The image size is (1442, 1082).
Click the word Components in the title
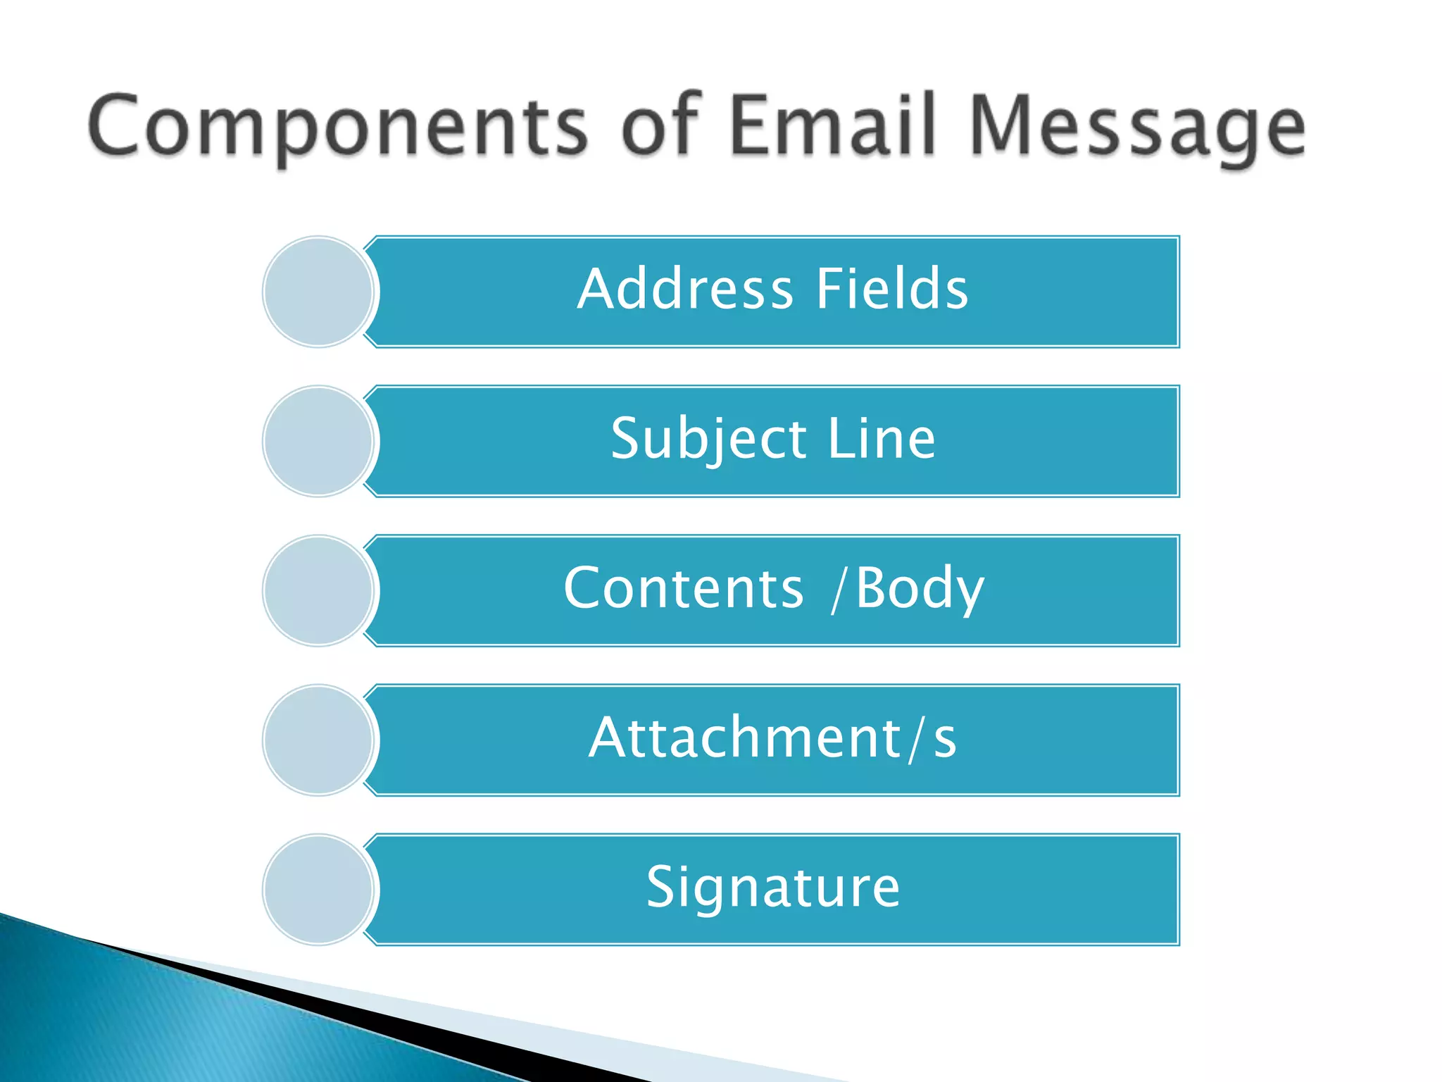click(337, 127)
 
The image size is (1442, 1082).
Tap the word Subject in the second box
click(708, 440)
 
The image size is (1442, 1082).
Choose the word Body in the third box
click(920, 589)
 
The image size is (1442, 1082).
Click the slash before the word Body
click(838, 589)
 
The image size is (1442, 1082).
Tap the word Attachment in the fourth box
click(745, 738)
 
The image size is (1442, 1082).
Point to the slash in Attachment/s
click(915, 739)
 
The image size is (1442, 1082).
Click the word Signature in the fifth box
click(773, 888)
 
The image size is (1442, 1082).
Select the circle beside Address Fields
click(318, 292)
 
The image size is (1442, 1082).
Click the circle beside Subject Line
click(318, 441)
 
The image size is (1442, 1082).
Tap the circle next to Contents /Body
click(318, 590)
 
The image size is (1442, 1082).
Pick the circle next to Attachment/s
click(318, 740)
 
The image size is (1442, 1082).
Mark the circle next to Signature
click(318, 889)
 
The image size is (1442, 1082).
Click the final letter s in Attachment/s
click(945, 741)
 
